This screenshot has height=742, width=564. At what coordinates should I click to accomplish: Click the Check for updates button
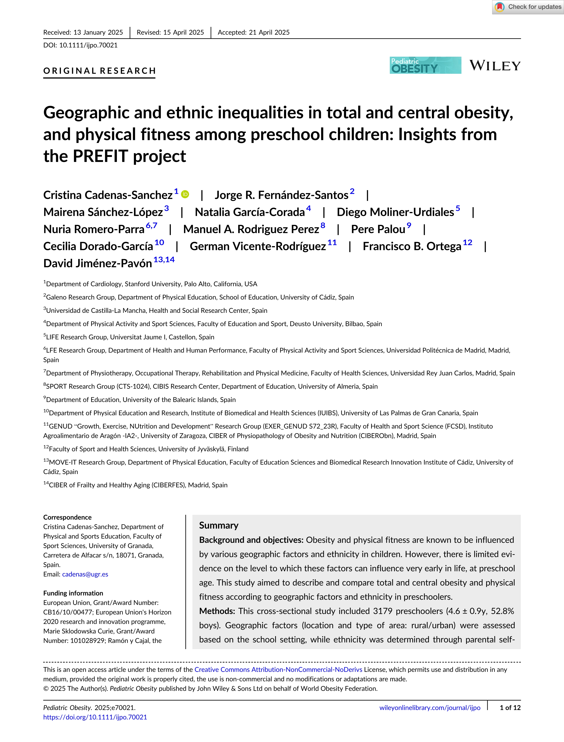[528, 7]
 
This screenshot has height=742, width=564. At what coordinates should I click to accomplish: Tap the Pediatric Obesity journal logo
[425, 65]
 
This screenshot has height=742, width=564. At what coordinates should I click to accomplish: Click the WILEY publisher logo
[495, 66]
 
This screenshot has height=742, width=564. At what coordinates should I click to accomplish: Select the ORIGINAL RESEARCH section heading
[100, 71]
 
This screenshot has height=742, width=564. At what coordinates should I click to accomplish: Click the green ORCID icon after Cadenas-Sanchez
[185, 194]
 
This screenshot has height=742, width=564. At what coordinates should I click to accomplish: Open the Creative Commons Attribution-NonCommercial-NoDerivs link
[278, 669]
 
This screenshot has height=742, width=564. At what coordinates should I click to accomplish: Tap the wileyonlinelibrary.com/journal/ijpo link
[430, 707]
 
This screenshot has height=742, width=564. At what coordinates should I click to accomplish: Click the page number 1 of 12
[510, 707]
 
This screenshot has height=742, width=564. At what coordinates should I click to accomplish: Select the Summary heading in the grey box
[219, 525]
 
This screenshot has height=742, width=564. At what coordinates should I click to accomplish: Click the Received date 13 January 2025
[83, 32]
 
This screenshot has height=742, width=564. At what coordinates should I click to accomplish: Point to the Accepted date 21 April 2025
[254, 32]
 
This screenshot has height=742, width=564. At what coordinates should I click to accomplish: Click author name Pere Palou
[378, 229]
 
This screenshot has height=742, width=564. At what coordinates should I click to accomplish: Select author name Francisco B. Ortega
[412, 246]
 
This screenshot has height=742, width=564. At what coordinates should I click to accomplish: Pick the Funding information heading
[73, 593]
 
